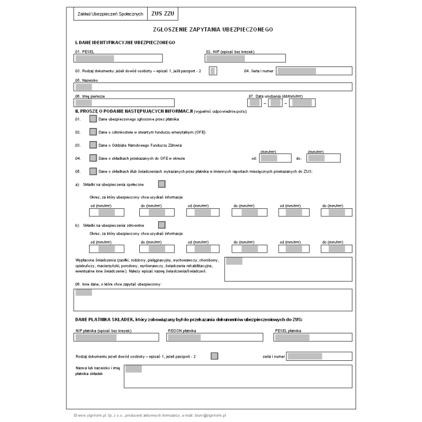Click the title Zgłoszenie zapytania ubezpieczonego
[211, 31]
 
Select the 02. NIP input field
[245, 58]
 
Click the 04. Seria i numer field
[314, 71]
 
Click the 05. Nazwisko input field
[214, 87]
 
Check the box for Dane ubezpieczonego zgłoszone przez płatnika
[93, 119]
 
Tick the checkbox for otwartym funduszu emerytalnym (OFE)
[93, 132]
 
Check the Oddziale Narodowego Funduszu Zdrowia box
[93, 145]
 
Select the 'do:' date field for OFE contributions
[323, 158]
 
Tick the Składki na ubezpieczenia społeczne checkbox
[162, 184]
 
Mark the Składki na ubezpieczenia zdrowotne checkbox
[162, 225]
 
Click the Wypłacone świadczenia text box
[288, 269]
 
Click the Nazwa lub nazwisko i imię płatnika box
[237, 376]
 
